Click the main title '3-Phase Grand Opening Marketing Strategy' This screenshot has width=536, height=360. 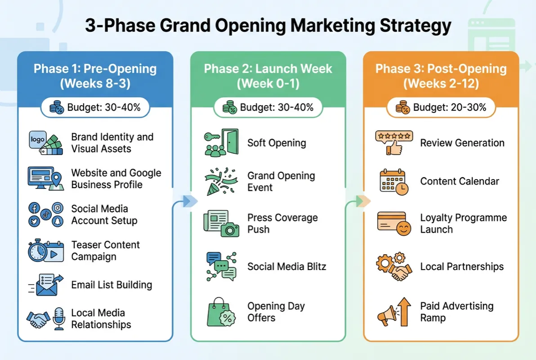268,26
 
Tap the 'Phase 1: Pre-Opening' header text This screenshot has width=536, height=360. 95,69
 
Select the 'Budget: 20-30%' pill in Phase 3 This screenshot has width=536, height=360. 441,108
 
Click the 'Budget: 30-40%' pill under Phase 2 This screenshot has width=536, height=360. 268,108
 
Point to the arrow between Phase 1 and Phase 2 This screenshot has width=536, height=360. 189,201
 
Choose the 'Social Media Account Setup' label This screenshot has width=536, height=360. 104,215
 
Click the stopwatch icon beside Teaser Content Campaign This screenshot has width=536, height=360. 37,251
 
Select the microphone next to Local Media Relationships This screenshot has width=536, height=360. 59,318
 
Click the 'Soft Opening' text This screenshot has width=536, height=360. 277,143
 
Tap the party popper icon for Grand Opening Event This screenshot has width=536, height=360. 219,181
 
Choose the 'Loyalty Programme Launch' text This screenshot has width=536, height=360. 463,224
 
